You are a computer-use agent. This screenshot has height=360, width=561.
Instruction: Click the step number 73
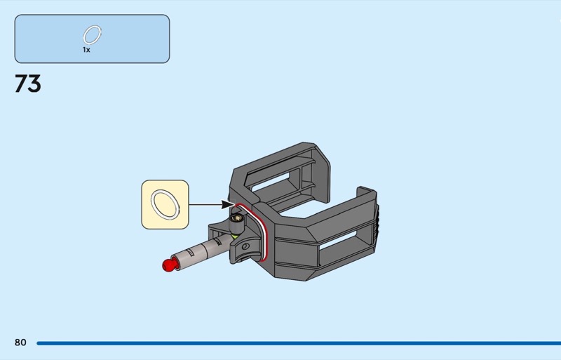click(x=28, y=84)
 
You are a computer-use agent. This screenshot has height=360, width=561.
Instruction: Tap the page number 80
click(x=20, y=342)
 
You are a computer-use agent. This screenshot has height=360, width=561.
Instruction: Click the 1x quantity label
click(x=86, y=50)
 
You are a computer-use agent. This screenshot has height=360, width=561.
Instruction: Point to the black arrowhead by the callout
click(x=227, y=204)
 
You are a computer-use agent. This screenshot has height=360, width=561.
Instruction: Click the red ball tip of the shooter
click(x=168, y=265)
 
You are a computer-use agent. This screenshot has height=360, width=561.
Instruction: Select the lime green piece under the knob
click(x=235, y=236)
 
